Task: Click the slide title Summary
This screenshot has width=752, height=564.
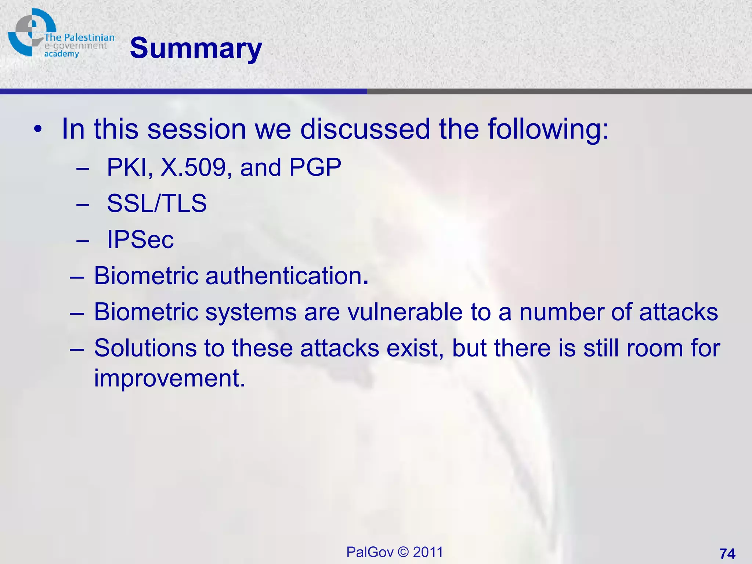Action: [196, 49]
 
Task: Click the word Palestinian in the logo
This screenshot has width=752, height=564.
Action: [89, 37]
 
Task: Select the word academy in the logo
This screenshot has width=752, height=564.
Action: [61, 54]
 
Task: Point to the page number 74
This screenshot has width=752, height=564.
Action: [727, 553]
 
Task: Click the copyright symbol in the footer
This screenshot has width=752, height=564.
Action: [403, 552]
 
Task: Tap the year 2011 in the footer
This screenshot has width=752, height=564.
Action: [428, 552]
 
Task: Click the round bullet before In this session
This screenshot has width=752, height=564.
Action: [37, 130]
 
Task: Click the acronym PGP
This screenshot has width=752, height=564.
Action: [315, 167]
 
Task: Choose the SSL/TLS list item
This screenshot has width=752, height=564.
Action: [157, 203]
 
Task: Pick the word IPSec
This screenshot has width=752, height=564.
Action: [140, 239]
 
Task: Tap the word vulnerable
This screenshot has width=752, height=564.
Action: [405, 312]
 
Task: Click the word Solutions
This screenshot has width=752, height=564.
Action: [145, 348]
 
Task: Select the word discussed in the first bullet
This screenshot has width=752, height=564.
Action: [365, 129]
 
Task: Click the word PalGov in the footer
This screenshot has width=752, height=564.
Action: [370, 552]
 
